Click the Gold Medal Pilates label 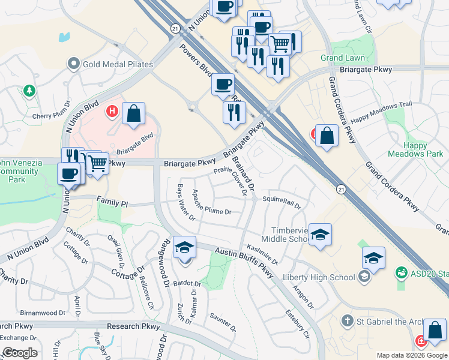pos(118,64)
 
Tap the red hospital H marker pos(111,111)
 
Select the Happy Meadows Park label pos(423,149)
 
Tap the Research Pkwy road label pos(133,326)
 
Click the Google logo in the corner pos(19,353)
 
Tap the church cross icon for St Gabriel pos(346,321)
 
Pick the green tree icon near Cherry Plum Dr pos(28,91)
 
